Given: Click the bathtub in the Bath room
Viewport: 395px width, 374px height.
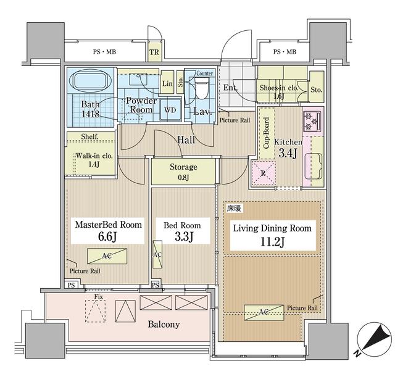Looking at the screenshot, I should click(x=91, y=81).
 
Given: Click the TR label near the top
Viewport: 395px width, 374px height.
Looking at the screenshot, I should click(x=153, y=51).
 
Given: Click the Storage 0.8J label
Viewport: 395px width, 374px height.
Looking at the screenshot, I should click(x=183, y=171).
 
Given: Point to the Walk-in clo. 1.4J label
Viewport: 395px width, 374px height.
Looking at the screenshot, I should click(x=93, y=160).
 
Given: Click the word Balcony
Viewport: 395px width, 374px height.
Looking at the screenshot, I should click(x=163, y=325).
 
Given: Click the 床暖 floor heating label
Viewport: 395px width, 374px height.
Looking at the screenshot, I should click(x=234, y=210).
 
